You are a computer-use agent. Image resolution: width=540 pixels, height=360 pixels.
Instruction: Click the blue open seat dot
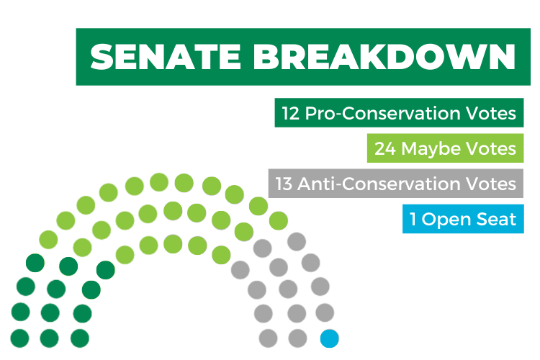pos(329,338)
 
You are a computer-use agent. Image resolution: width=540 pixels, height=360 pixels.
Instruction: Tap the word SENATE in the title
pos(166,57)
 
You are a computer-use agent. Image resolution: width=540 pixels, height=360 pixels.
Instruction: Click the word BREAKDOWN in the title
pos(384,57)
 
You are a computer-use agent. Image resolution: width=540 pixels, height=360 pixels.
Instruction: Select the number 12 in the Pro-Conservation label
pos(291,113)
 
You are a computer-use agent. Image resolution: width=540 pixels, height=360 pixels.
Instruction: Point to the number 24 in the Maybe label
pos(385,148)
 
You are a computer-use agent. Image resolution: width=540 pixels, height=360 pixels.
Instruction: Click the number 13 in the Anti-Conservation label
pos(284,184)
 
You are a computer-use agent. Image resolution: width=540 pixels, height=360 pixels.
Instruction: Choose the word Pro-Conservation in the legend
pos(382,113)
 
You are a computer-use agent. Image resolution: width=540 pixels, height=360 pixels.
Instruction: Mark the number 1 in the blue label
pos(413,219)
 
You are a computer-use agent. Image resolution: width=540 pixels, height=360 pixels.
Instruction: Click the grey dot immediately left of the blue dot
pos(297,338)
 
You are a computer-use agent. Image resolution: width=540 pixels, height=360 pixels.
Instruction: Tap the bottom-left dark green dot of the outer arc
pos(19,338)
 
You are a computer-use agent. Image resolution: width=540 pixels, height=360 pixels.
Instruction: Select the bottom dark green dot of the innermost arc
pos(80,338)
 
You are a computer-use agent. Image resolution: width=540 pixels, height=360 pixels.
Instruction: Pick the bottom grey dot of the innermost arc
pos(268,338)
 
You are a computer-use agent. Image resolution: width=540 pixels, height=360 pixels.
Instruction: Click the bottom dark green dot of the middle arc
pos(49,338)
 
